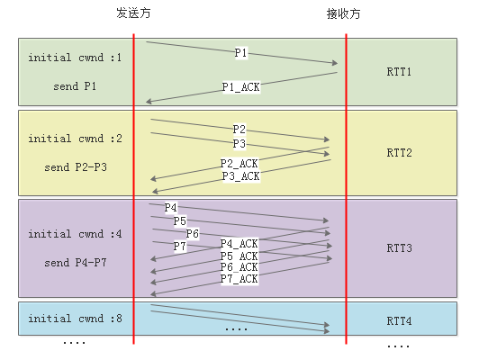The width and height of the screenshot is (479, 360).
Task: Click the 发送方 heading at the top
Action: click(x=133, y=13)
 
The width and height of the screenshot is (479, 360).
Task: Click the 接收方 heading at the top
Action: click(x=343, y=13)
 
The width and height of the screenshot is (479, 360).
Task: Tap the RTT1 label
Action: click(x=399, y=72)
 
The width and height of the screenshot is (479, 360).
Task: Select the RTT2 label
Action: click(x=399, y=152)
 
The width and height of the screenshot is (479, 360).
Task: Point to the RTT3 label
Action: click(x=399, y=247)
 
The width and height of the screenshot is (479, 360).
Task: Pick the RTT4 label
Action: click(x=399, y=321)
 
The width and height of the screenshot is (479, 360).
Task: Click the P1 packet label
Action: click(x=240, y=53)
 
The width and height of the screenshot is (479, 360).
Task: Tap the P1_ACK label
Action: click(x=241, y=87)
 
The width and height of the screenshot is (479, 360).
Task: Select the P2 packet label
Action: click(x=239, y=130)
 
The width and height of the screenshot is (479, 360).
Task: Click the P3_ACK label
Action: click(x=241, y=176)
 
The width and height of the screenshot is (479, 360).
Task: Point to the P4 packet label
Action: click(x=170, y=208)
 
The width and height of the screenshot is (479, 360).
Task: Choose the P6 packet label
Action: click(x=193, y=234)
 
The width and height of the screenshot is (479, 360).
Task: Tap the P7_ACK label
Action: click(x=239, y=279)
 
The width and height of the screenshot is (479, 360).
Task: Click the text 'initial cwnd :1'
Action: click(x=75, y=58)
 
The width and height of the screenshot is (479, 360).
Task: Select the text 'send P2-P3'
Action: click(x=76, y=167)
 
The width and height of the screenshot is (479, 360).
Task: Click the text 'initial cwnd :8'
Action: click(x=75, y=319)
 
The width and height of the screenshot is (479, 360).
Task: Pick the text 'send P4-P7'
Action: click(x=76, y=262)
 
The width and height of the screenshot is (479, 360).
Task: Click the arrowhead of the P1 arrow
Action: click(x=336, y=63)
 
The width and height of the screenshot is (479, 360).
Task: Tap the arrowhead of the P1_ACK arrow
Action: click(x=148, y=102)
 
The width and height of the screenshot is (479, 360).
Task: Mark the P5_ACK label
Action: click(x=239, y=256)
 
